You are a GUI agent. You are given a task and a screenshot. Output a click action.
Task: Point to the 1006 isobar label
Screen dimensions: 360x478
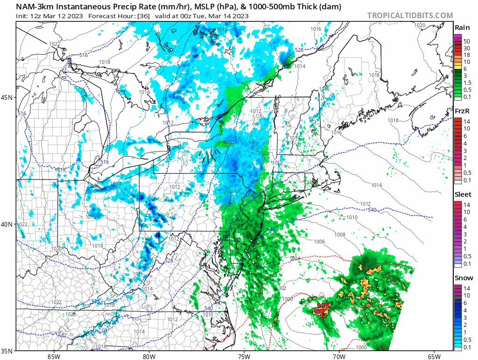point(319,242)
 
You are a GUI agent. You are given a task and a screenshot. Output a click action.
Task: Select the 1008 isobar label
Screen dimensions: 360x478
point(340,235)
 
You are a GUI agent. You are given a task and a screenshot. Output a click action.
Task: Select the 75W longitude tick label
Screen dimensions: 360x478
point(244,357)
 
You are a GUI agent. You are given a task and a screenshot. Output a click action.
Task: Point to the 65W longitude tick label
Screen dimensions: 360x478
point(434,357)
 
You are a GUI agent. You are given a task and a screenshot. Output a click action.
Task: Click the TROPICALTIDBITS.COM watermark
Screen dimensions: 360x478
point(410,15)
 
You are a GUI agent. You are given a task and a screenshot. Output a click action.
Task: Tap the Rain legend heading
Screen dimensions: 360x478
point(462,28)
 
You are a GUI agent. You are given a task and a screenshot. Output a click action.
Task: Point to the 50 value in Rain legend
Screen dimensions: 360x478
point(466,42)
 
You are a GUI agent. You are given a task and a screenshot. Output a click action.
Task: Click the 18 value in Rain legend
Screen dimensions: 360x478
point(466,55)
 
